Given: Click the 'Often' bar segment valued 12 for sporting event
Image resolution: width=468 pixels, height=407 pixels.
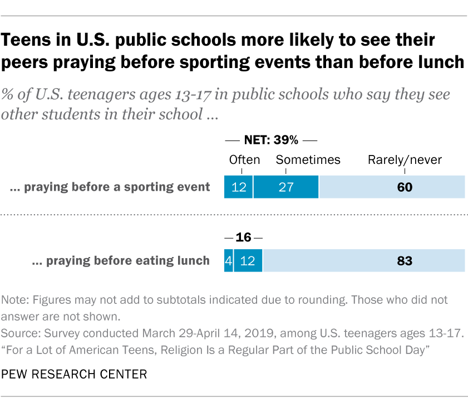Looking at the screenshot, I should pos(238,187).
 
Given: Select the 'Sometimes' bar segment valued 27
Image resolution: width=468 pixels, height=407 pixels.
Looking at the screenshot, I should pos(286,187).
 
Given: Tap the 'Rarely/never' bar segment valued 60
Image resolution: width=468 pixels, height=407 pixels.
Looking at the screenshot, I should pos(392,187).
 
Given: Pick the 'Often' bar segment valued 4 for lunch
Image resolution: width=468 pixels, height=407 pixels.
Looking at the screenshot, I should pos(228,260).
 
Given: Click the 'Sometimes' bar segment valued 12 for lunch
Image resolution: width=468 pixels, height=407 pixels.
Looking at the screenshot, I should pos(248,260).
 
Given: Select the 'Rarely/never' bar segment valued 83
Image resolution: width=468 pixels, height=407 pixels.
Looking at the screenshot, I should pos(364,260).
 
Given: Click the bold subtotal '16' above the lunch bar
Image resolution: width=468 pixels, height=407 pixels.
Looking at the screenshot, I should pos(243,238).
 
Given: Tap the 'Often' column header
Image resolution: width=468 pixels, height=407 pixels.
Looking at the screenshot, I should pos(244,160).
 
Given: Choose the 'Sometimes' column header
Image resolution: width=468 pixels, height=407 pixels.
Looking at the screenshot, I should pos(308,160).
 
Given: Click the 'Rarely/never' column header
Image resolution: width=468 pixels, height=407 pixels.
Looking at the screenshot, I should pos(405,160).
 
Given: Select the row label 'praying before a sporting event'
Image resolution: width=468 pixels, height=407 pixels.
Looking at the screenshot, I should pos(111,187).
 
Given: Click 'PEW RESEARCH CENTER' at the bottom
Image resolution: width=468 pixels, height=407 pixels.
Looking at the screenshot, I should pos(75,374).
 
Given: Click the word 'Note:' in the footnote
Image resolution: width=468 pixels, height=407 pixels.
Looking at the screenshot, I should pos(17,300).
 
